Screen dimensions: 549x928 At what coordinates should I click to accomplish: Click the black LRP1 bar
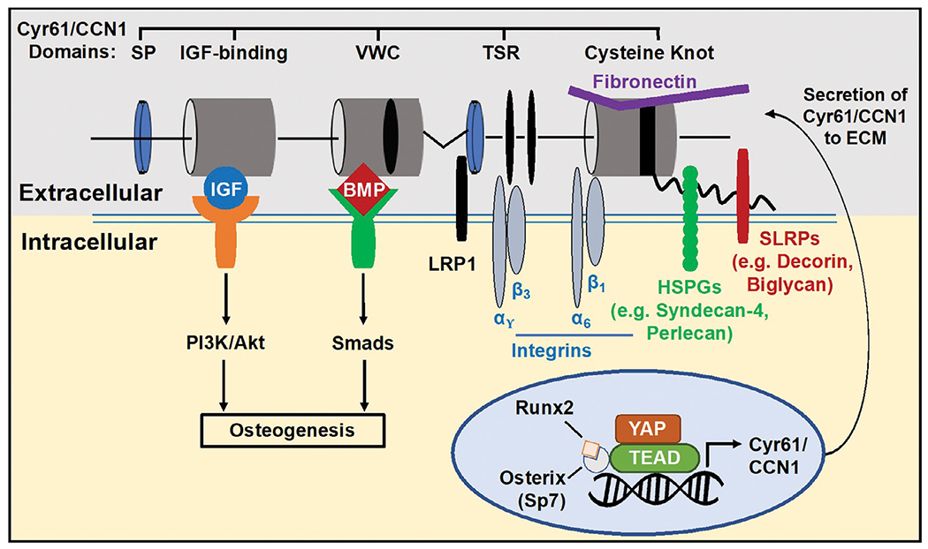click(460, 199)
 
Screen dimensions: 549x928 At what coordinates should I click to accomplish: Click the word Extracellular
click(89, 191)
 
